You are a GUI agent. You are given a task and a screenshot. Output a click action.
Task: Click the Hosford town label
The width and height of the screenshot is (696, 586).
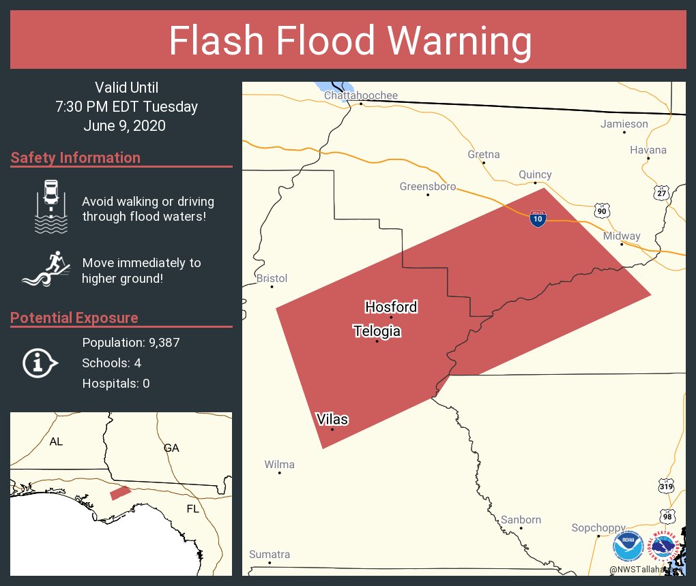point(391,307)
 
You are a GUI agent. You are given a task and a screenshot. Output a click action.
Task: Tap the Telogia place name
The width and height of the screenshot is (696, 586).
point(377,332)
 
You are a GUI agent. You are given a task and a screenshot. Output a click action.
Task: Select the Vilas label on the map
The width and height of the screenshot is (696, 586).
point(332,420)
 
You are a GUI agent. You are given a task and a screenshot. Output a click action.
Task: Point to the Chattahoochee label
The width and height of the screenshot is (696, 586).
point(360,95)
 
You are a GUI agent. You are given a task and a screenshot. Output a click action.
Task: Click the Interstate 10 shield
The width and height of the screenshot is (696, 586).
point(538,219)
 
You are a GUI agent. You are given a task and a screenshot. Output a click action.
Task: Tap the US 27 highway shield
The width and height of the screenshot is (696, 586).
point(661,193)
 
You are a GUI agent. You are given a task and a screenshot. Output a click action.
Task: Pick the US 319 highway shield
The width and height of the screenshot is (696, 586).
point(667,487)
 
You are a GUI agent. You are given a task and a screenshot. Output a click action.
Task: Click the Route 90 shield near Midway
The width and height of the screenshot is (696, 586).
point(600,211)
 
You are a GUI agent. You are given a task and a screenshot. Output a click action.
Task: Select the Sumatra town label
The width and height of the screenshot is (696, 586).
point(270,555)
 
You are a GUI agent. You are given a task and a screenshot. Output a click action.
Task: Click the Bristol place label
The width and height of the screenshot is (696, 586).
point(272,279)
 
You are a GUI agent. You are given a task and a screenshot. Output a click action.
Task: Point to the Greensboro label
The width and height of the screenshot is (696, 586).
point(428,187)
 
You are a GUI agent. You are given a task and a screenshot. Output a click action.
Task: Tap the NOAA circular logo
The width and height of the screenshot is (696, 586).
point(628,546)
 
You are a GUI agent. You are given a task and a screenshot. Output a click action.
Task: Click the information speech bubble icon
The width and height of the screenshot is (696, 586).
point(40,363)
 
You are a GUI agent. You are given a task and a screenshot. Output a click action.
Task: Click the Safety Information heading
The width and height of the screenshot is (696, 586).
point(76,158)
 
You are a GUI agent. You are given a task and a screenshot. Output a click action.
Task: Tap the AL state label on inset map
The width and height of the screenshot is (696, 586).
point(56,442)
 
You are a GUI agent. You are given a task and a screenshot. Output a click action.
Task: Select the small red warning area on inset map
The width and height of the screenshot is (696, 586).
point(121,492)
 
